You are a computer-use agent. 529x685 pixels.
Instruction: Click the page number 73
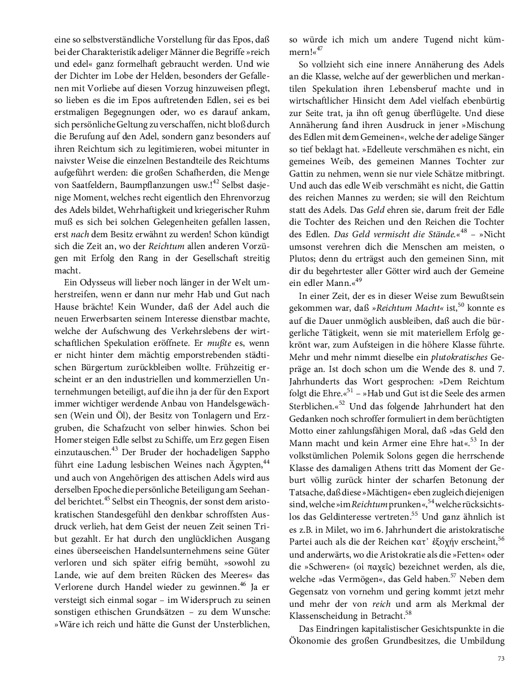[x=501, y=658]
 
